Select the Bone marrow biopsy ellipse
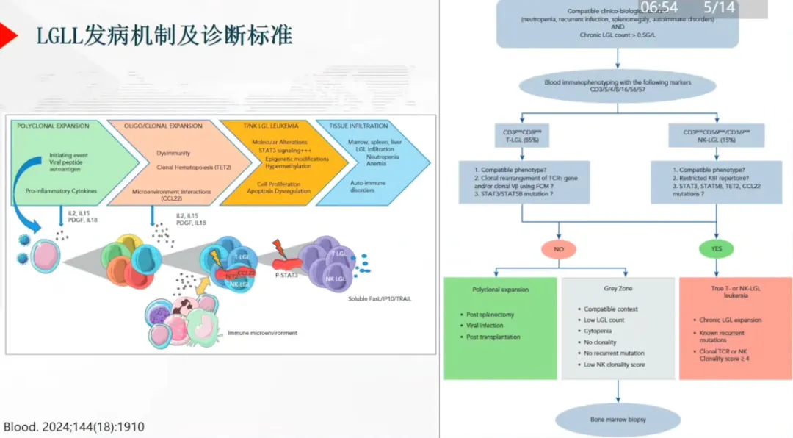(x=618, y=420)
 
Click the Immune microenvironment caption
(x=262, y=333)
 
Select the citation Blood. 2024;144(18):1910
(x=73, y=426)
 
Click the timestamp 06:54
(x=659, y=8)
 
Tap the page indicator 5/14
(x=719, y=8)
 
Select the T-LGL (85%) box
(x=521, y=137)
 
